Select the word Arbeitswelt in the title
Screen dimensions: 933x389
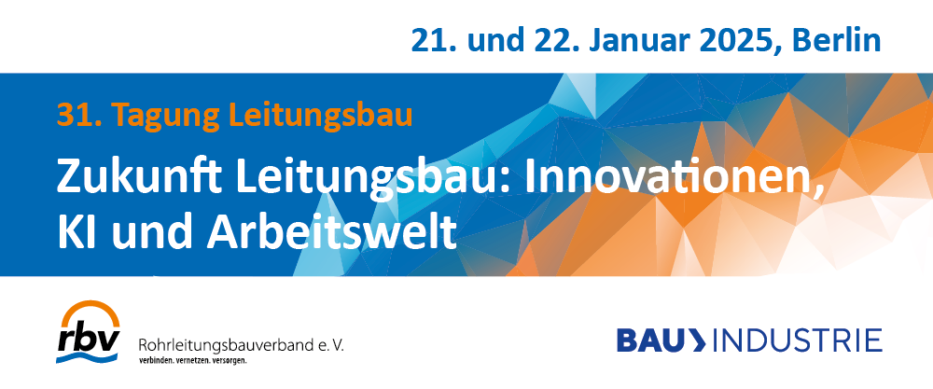(331, 233)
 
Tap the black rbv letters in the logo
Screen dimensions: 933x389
(88, 339)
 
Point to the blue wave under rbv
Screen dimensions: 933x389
(88, 357)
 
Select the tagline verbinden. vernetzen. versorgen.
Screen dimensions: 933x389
(192, 360)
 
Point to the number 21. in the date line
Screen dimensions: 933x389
(431, 40)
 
